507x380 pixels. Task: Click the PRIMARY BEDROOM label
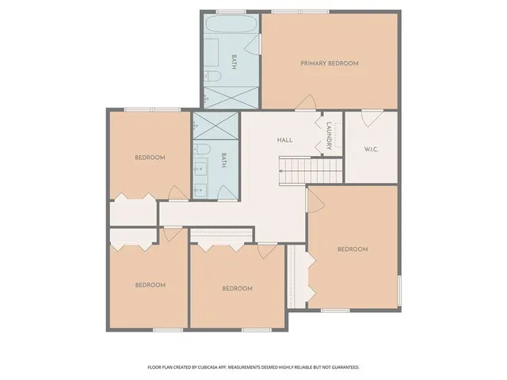point(329,63)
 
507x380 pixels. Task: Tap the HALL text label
point(284,140)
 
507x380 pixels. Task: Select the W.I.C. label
point(372,149)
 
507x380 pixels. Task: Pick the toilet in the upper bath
point(212,77)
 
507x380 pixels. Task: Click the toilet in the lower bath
point(201,150)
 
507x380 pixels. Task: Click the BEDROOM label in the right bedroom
point(353,249)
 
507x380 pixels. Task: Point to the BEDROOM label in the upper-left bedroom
point(150,158)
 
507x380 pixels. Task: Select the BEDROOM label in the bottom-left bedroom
point(150,285)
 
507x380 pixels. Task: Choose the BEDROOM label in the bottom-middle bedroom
point(237,288)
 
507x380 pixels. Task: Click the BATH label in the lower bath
point(224,161)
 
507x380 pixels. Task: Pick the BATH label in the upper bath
point(234,63)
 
